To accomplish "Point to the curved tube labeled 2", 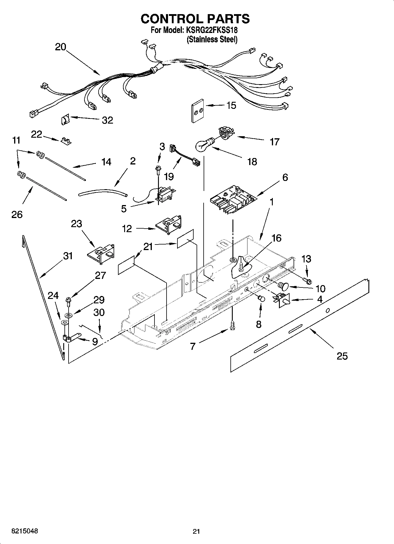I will click(x=103, y=193).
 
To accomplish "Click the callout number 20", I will click(x=61, y=47).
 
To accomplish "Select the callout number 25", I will click(x=342, y=356).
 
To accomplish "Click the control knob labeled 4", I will click(x=284, y=300).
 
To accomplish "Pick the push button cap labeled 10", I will click(x=282, y=285).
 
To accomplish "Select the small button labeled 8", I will click(x=261, y=299).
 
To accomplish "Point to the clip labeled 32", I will click(x=65, y=120).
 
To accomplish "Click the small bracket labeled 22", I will click(x=67, y=141).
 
